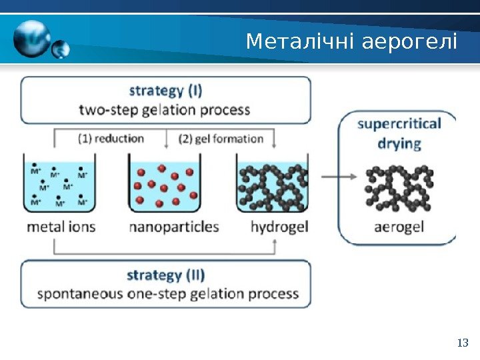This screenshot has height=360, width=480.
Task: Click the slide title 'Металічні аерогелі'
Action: point(351,42)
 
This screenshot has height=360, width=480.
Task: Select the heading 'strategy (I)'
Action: point(165,90)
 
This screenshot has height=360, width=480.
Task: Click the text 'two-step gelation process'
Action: point(165,109)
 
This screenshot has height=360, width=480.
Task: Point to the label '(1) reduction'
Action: point(111,139)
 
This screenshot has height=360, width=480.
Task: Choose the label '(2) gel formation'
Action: point(221,139)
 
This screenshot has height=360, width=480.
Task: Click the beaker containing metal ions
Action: point(59,184)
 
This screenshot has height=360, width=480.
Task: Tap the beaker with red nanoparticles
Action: point(165,184)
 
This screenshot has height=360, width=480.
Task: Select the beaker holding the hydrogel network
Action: point(273,184)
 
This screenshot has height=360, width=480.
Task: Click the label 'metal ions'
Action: point(61,227)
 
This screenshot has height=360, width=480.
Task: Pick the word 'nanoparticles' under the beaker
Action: point(173,227)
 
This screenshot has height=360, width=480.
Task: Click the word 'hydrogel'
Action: point(279,227)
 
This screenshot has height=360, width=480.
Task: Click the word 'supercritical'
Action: point(399,124)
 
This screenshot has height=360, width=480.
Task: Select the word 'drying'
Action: point(399,143)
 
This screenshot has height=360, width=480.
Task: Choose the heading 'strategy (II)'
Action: point(165,275)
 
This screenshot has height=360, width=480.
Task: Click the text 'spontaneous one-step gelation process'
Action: point(167,293)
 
